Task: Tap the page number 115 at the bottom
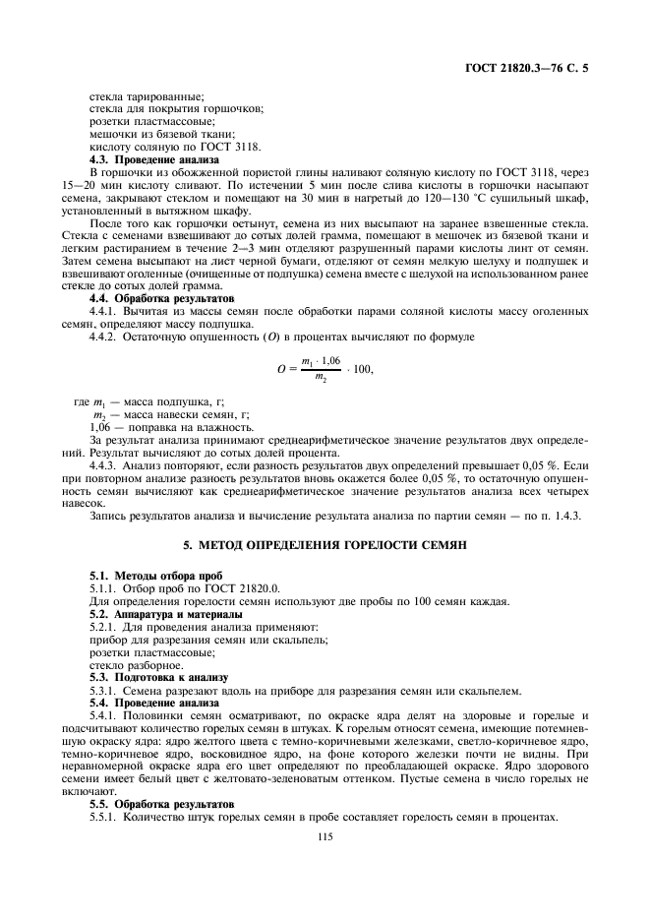[325, 837]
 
